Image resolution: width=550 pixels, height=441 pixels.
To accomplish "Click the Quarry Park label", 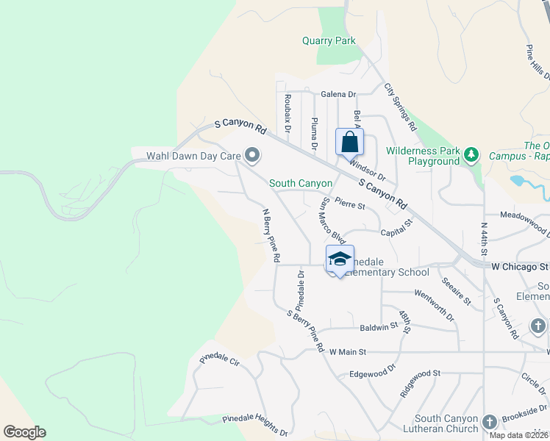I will tap(329, 41).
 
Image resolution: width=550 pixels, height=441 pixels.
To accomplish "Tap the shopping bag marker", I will tap(350, 141).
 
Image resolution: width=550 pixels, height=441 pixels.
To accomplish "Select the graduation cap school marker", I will tap(340, 259).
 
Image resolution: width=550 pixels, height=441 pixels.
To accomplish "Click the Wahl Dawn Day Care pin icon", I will tap(253, 155).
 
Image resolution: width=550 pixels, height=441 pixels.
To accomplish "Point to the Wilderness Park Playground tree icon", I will tap(471, 155).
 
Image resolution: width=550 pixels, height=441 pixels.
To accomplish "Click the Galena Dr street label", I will tap(338, 94).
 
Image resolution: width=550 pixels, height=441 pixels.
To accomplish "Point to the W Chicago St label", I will tap(520, 265).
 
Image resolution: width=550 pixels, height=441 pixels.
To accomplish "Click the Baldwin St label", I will tap(379, 329).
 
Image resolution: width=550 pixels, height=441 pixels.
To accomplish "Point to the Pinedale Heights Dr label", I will tap(255, 425).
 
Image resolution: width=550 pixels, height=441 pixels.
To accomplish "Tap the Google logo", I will tap(24, 431).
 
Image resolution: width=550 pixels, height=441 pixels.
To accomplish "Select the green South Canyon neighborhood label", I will tap(301, 183).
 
